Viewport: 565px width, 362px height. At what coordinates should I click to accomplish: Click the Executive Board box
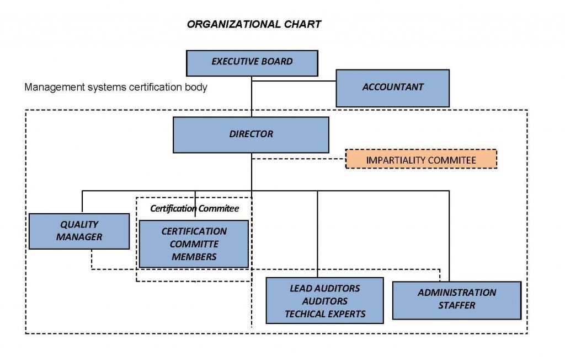(252, 62)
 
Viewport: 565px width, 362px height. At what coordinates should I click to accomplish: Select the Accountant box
(392, 88)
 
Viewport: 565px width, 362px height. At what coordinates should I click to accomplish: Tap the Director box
(251, 134)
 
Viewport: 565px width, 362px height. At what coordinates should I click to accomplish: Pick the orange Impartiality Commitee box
(421, 160)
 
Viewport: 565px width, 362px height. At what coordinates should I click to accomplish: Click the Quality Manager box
(79, 231)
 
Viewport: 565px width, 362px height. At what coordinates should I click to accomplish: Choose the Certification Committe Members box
(194, 244)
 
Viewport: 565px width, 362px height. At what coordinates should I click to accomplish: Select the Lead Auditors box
(324, 300)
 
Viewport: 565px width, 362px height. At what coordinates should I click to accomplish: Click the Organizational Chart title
(254, 25)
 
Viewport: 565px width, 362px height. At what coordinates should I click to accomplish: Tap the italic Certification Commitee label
(194, 209)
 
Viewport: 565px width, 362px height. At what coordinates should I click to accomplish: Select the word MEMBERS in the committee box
(194, 257)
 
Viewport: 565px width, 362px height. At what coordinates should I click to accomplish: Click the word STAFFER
(457, 305)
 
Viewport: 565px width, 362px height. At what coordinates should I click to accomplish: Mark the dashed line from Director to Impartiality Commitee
(299, 160)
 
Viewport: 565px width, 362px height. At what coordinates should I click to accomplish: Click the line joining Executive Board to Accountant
(294, 81)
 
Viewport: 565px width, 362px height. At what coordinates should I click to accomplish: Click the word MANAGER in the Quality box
(79, 237)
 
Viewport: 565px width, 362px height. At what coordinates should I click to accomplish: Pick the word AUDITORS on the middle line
(325, 301)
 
